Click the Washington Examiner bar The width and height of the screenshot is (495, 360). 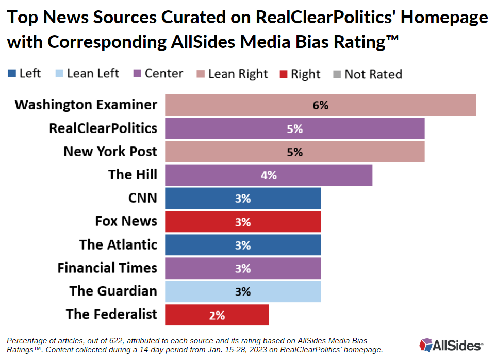(320, 105)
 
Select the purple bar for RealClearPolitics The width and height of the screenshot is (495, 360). (294, 128)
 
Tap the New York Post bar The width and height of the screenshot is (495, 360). (294, 152)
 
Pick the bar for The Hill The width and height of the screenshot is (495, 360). (268, 175)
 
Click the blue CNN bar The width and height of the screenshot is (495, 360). (242, 198)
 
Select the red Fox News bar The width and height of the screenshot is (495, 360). (242, 222)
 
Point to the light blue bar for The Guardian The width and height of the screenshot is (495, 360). (242, 291)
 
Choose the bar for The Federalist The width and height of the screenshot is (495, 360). (217, 315)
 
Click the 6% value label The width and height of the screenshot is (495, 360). (320, 105)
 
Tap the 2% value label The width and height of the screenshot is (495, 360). (217, 315)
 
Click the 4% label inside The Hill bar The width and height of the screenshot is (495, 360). (268, 175)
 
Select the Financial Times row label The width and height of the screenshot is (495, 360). (107, 268)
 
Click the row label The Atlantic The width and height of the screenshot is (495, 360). (118, 244)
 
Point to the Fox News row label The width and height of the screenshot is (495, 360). (126, 221)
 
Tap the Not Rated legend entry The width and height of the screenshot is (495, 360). (368, 74)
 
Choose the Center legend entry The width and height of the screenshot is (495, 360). (158, 74)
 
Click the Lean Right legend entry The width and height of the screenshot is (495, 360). (232, 74)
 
